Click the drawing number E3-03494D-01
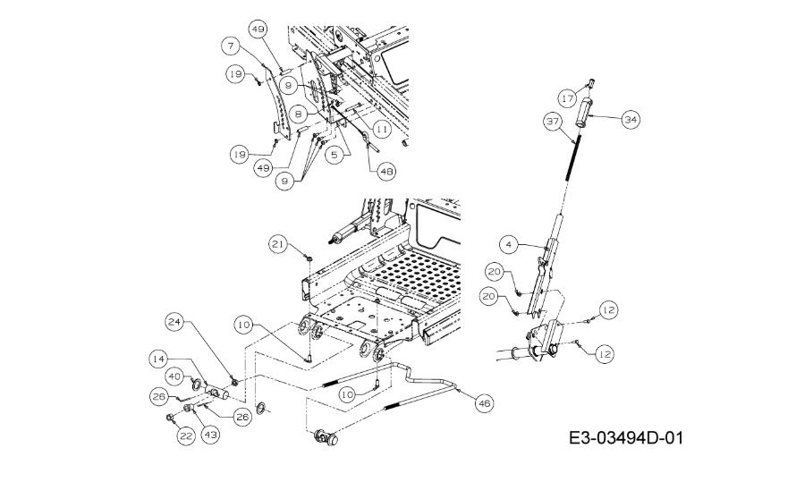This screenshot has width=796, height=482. tap(626, 437)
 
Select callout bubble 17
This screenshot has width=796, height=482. tap(568, 97)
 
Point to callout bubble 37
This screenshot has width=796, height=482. tap(553, 122)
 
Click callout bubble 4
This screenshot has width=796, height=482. tap(509, 244)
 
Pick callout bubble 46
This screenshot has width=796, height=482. tap(485, 403)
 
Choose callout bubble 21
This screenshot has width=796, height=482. tap(277, 244)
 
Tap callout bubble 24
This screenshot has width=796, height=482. tap(174, 323)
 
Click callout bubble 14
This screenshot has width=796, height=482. tap(158, 359)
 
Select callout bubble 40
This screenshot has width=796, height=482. tap(175, 376)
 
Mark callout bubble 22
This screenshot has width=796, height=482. tap(186, 435)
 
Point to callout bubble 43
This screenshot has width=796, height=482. tap(211, 435)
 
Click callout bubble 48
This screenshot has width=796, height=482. tap(386, 172)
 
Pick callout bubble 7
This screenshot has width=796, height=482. tap(231, 47)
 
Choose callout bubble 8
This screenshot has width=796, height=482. tap(299, 114)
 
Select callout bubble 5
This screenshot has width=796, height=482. tap(334, 155)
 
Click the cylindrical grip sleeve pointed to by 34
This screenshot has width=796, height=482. tap(583, 114)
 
